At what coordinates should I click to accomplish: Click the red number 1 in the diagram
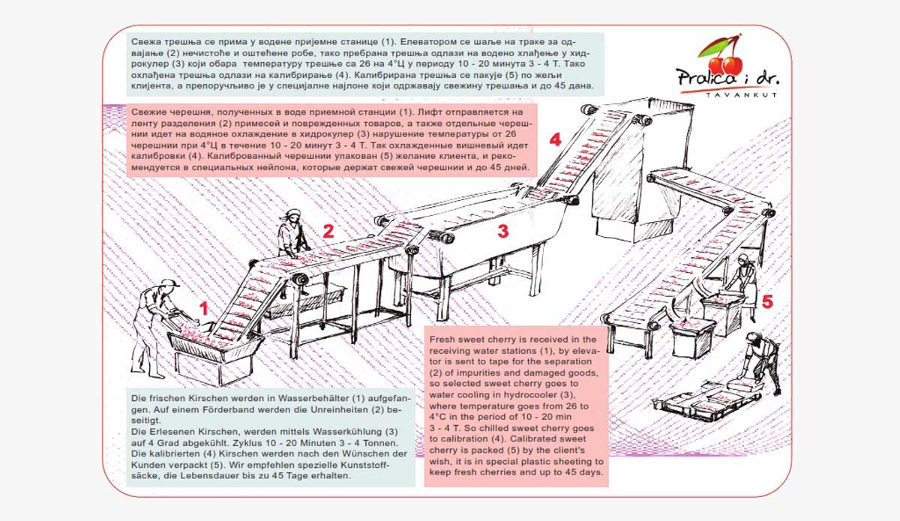pyautogui.click(x=202, y=307)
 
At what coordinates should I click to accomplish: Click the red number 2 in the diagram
pyautogui.click(x=328, y=231)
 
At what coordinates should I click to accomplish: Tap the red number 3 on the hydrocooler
pyautogui.click(x=503, y=231)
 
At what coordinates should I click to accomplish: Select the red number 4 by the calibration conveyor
pyautogui.click(x=554, y=140)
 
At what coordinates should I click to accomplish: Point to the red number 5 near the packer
pyautogui.click(x=766, y=302)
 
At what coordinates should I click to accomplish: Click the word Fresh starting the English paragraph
pyautogui.click(x=443, y=340)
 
